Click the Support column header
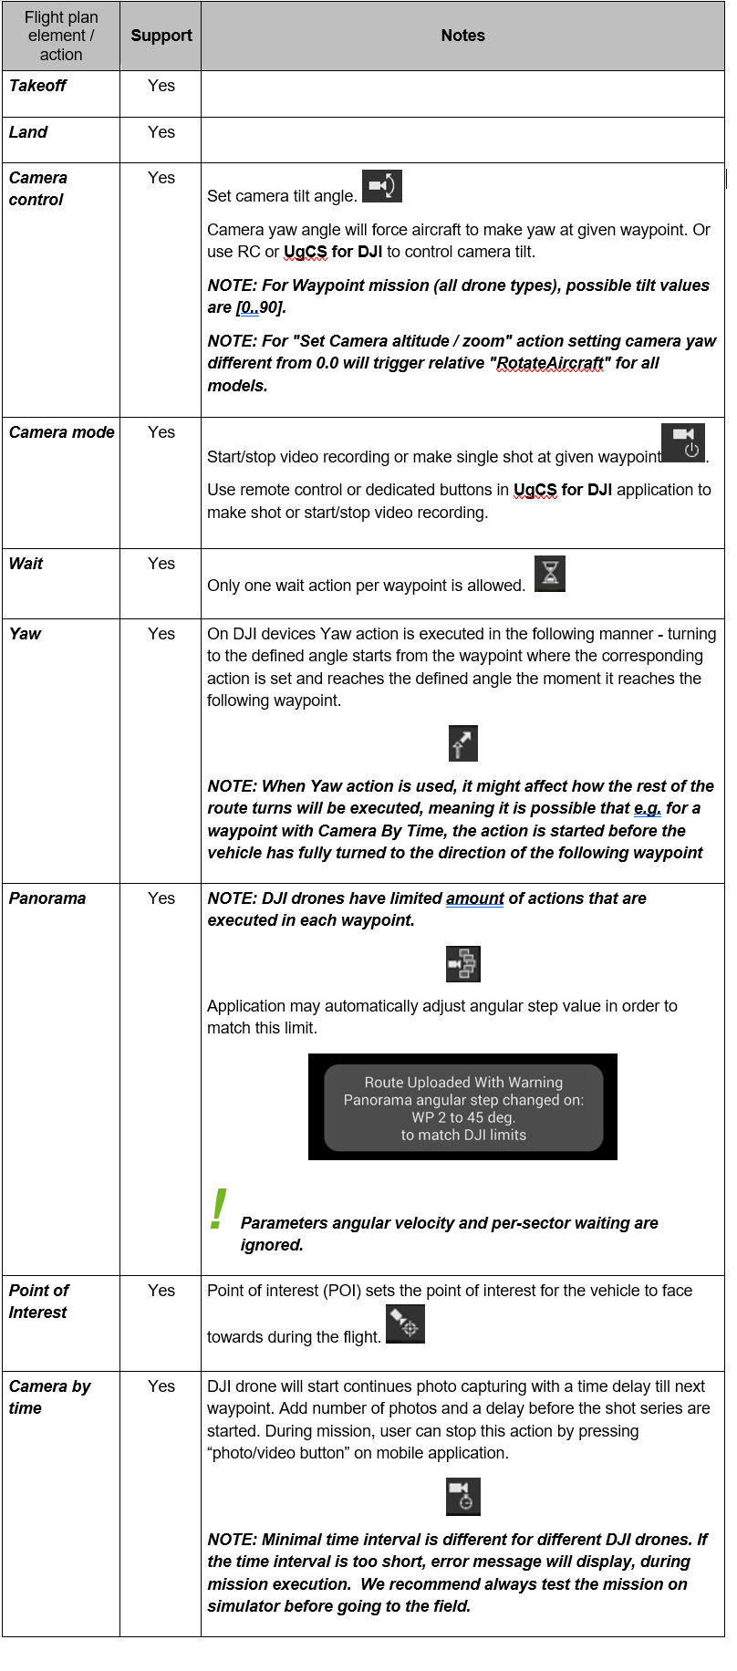point(161,36)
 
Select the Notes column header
point(462,36)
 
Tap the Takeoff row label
point(37,86)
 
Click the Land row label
point(28,132)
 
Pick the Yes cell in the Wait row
point(161,564)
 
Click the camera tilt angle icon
point(382,186)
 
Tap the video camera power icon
point(683,442)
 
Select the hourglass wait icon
point(550,574)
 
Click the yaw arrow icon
point(463,743)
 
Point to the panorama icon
point(463,963)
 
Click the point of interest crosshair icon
point(405,1324)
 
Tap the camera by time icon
point(463,1497)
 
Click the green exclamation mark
point(218,1209)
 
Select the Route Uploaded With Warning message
point(463,1107)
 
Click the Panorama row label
point(47,898)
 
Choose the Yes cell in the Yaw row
point(161,634)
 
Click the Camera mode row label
point(62,432)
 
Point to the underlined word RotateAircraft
point(551,363)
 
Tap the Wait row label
point(26,564)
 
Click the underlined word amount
point(474,898)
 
